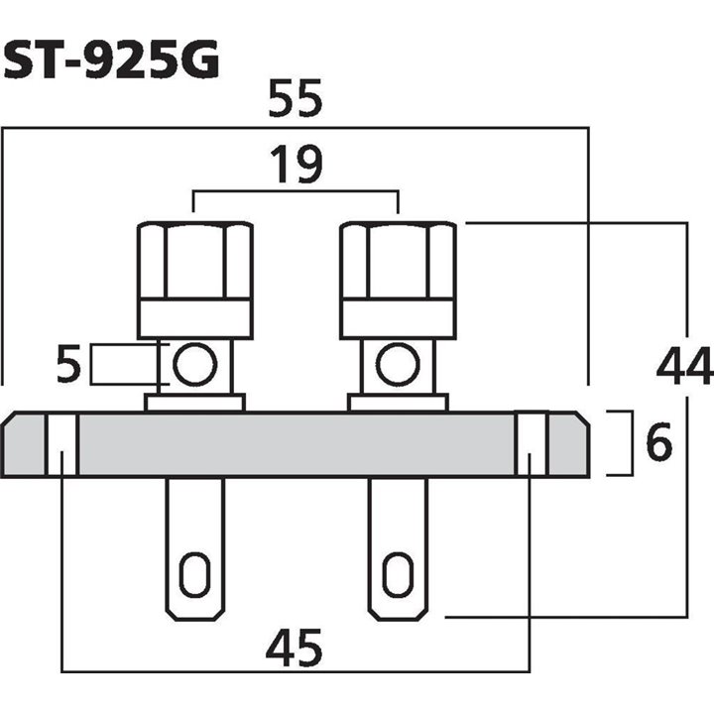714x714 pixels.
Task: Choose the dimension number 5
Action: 67,366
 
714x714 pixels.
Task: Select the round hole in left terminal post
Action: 194,365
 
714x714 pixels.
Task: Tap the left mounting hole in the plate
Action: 62,445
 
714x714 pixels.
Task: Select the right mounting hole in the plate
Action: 532,445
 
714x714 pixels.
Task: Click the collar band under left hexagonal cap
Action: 194,318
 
